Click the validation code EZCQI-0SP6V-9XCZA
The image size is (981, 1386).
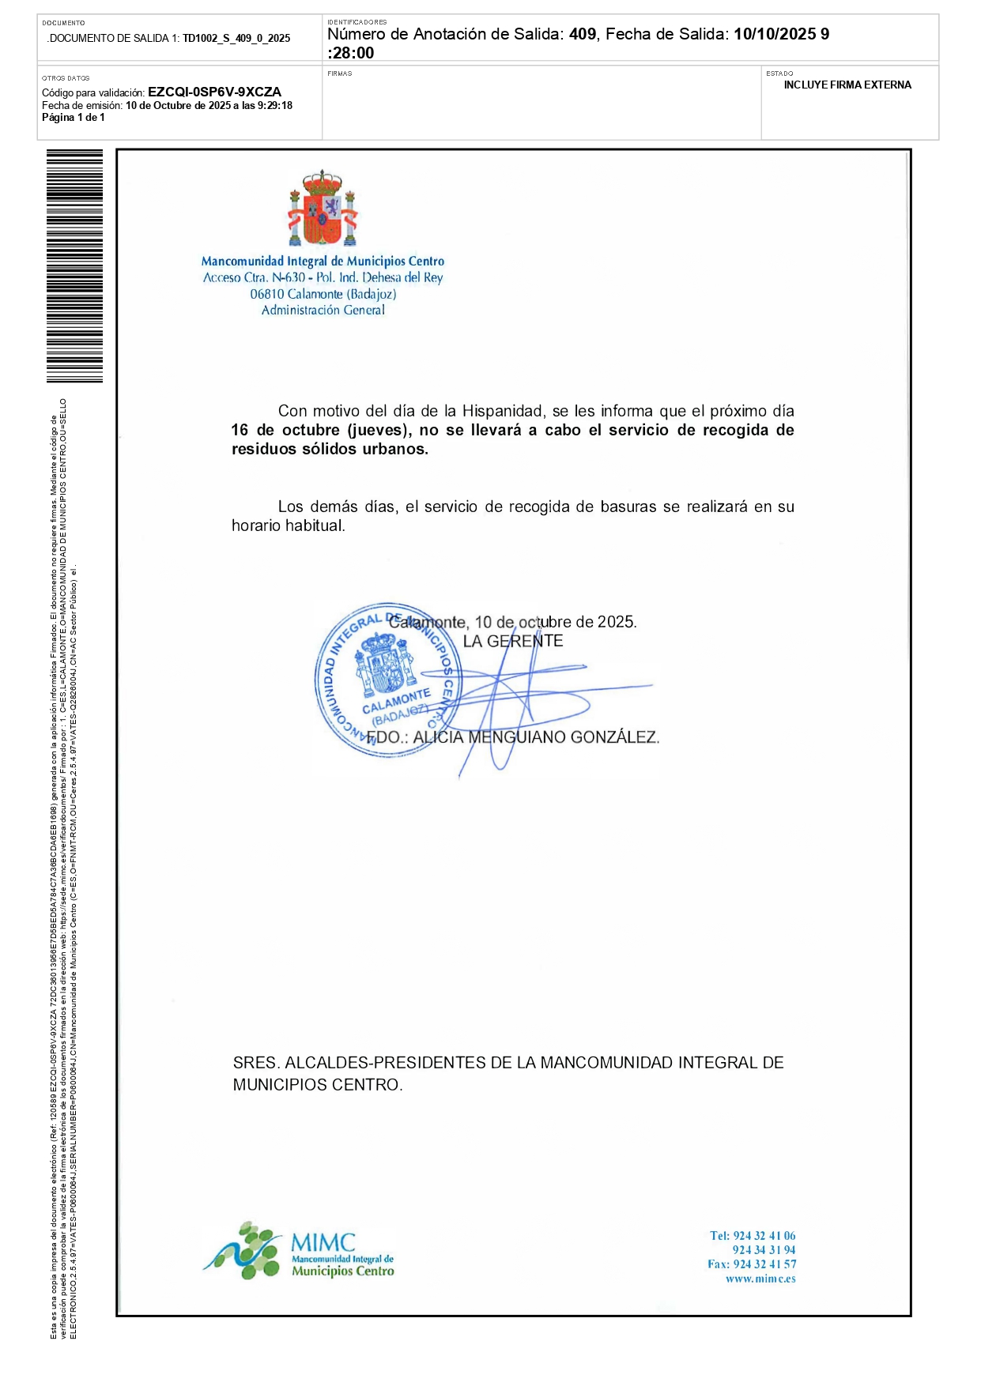(x=214, y=92)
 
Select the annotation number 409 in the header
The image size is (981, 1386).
(x=583, y=34)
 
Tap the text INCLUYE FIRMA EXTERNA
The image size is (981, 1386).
(x=847, y=85)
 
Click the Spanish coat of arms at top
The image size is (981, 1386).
(x=323, y=209)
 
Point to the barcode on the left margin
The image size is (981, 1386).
(x=74, y=266)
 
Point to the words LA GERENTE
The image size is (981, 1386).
(x=513, y=641)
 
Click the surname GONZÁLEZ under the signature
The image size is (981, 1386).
(x=615, y=737)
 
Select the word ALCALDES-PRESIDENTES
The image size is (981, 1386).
(x=385, y=1063)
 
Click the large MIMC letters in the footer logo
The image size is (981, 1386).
(x=323, y=1242)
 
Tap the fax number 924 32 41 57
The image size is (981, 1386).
(x=764, y=1264)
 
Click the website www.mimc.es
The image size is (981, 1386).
(x=760, y=1279)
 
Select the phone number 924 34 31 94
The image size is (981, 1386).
(x=764, y=1250)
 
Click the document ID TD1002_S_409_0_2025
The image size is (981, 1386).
(x=236, y=38)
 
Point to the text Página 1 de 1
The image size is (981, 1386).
(x=74, y=118)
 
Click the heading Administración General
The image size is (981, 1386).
(x=323, y=310)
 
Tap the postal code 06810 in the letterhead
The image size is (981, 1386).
(x=266, y=294)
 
